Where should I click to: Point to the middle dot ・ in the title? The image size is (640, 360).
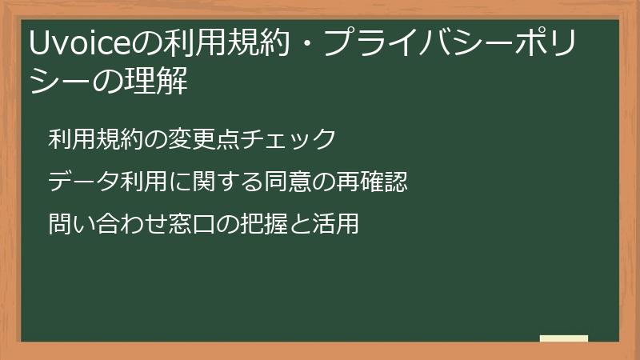pos(306,43)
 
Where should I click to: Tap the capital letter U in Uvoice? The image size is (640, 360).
pos(38,43)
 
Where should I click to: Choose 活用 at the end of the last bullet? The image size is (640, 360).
pos(339,224)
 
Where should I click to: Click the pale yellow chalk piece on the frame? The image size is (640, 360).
pos(564,338)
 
